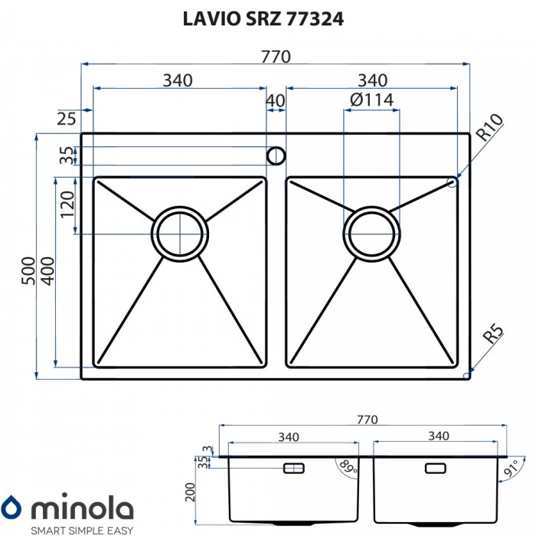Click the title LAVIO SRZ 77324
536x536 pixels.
tap(263, 21)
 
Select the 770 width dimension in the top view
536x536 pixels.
tap(276, 57)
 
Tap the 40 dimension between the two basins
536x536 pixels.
tap(275, 100)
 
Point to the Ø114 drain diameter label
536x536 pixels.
tap(371, 100)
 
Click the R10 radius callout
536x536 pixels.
tap(489, 127)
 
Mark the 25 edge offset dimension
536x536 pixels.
tap(67, 118)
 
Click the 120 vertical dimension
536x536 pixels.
tap(67, 206)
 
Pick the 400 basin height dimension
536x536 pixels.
tap(47, 272)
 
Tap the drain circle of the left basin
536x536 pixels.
tap(180, 233)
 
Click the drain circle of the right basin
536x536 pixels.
tap(371, 233)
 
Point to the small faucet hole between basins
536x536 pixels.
tap(276, 156)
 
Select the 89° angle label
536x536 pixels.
tap(350, 466)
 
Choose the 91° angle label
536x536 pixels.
tap(511, 466)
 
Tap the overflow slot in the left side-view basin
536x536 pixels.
tap(294, 467)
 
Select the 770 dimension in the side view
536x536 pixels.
tap(368, 419)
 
